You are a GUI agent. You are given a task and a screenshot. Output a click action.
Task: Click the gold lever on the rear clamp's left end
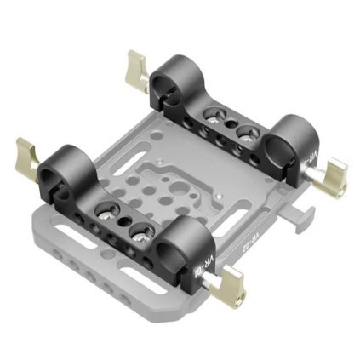(x=135, y=65)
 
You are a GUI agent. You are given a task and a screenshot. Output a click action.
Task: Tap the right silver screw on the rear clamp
(x=248, y=133)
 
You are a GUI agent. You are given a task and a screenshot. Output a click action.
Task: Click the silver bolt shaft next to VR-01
(x=213, y=270)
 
